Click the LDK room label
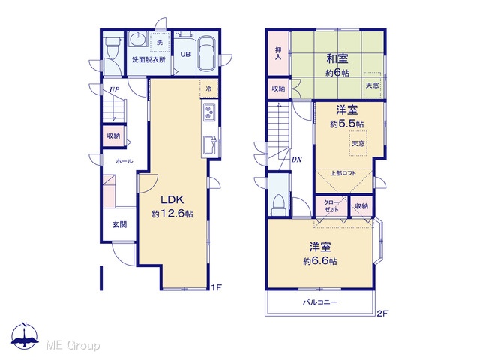point(172,200)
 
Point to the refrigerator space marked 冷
point(208,88)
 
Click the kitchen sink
point(210,145)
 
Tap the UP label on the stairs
point(115,90)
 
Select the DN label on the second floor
point(297,160)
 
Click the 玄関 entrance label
point(119,225)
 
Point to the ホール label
point(124,161)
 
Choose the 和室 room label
point(337,58)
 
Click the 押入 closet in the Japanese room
point(278,53)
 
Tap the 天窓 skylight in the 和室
point(372,85)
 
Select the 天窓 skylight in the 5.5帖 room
point(358,143)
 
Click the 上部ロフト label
point(343,173)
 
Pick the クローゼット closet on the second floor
point(331,207)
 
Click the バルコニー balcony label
point(320,302)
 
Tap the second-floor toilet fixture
point(278,205)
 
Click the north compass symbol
point(25,335)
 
